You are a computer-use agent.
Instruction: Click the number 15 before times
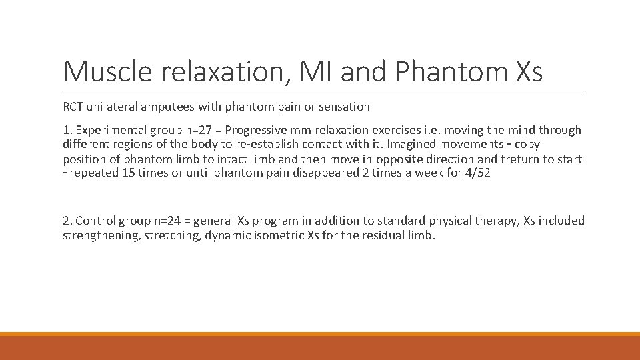pyautogui.click(x=131, y=174)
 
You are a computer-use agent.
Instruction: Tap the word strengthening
pyautogui.click(x=97, y=235)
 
